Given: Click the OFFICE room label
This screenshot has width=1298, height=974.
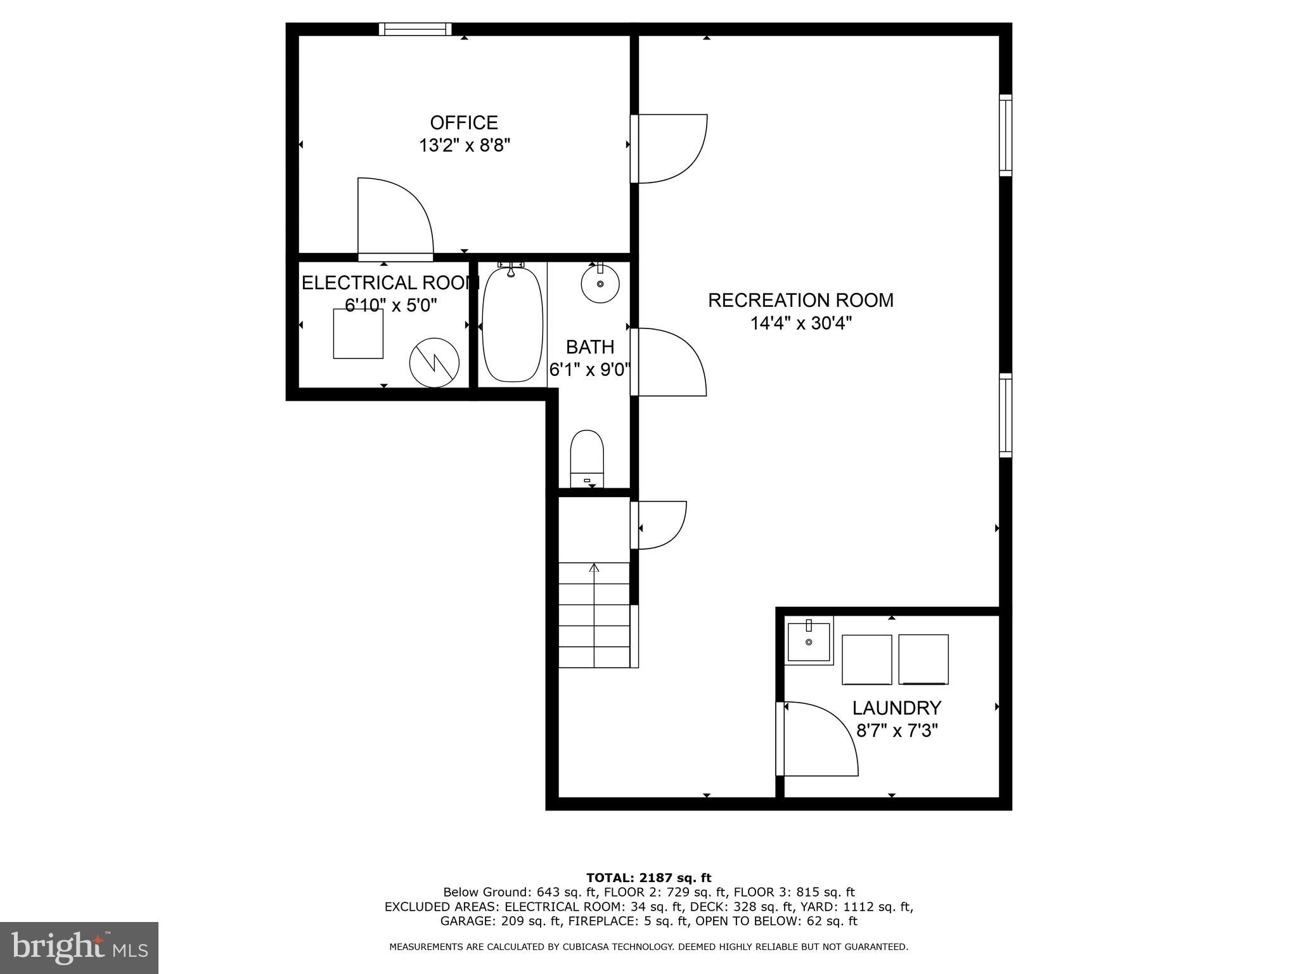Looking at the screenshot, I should (464, 122).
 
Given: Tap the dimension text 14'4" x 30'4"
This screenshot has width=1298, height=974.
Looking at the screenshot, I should (800, 323).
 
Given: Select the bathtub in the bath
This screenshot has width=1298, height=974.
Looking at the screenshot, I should (512, 325).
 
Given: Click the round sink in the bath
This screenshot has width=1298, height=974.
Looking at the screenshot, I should (600, 284).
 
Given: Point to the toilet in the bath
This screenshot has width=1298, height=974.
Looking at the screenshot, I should (587, 458).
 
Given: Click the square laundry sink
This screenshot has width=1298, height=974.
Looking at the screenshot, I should (809, 642).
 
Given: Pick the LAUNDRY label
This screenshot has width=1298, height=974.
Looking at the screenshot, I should (896, 708).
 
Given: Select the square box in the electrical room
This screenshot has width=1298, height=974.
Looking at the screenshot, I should (358, 334).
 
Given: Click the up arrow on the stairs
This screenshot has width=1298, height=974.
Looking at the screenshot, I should (594, 568).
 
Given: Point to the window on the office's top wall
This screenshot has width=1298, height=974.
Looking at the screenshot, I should (415, 29).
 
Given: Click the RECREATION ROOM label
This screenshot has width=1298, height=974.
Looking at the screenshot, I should (800, 300).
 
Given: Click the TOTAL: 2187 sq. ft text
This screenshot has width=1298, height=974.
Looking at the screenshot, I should (648, 878).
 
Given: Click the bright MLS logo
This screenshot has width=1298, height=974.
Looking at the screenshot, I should (79, 947).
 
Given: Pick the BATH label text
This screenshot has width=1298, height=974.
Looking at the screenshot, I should (589, 347).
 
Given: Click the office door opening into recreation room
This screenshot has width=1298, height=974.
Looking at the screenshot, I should (671, 148).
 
